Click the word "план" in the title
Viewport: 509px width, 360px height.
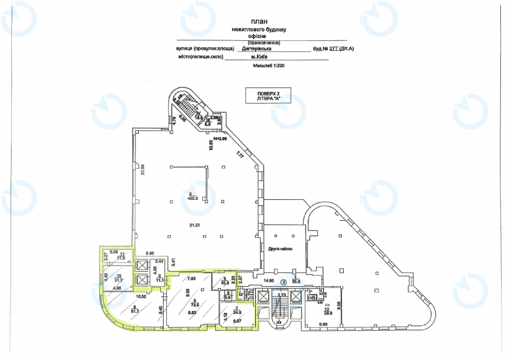[256, 20]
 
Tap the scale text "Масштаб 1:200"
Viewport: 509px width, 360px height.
[254, 65]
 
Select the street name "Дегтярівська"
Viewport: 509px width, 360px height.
[256, 48]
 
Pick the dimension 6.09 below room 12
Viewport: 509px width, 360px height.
[323, 325]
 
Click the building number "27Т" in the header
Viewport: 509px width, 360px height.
[336, 48]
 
